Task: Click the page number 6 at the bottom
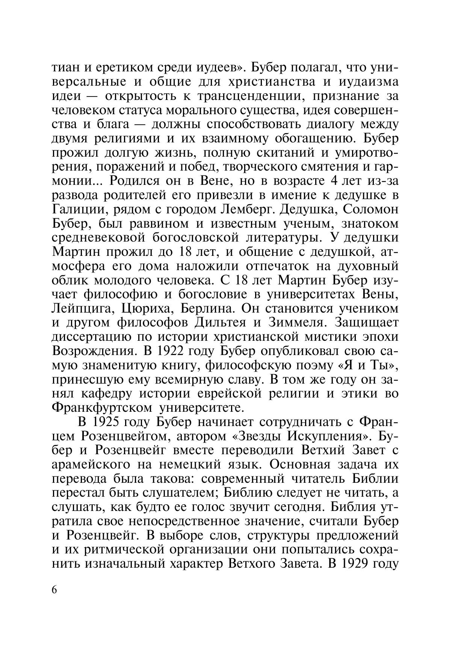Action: click(54, 590)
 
